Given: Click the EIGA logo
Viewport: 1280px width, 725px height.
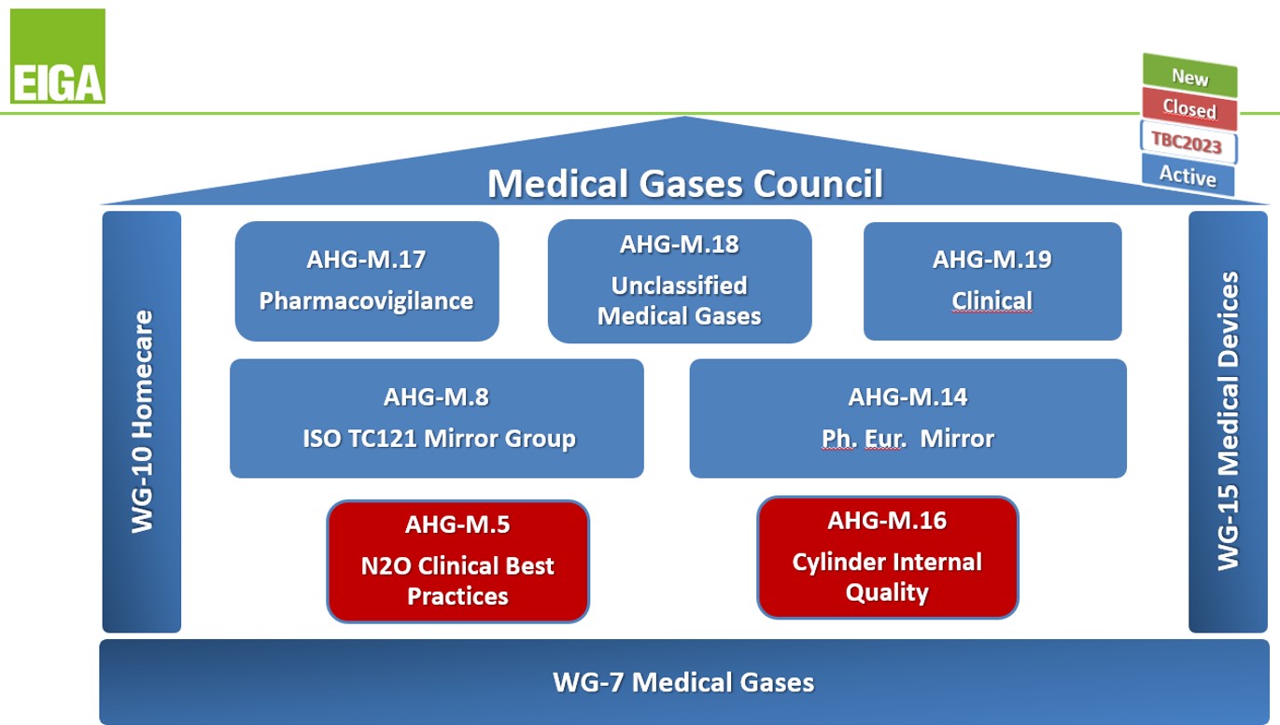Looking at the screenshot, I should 58,56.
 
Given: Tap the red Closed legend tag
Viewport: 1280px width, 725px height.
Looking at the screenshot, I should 1189,109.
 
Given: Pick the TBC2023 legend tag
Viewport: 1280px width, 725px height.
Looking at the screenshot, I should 1188,143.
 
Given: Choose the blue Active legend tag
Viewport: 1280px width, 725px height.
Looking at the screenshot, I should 1188,174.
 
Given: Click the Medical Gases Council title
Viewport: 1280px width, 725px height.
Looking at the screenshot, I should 684,183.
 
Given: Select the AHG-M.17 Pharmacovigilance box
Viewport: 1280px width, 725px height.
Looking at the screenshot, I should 366,281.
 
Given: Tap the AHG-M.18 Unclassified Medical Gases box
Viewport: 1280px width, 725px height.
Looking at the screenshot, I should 679,281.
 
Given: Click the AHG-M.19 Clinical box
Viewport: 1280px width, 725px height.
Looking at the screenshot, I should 992,281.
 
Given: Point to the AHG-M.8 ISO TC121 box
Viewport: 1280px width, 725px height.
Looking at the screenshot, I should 436,418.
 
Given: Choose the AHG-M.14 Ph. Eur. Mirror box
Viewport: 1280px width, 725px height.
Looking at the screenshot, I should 907,418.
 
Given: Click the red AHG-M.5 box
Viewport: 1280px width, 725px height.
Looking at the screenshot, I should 457,561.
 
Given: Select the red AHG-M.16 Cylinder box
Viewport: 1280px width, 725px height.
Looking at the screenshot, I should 887,557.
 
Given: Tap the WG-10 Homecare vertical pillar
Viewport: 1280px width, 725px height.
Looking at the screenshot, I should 141,422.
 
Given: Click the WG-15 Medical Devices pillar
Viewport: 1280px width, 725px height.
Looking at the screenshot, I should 1228,422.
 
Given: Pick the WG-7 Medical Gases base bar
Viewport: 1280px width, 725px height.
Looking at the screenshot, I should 683,682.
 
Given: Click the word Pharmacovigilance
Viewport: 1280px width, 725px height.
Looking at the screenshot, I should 366,301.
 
